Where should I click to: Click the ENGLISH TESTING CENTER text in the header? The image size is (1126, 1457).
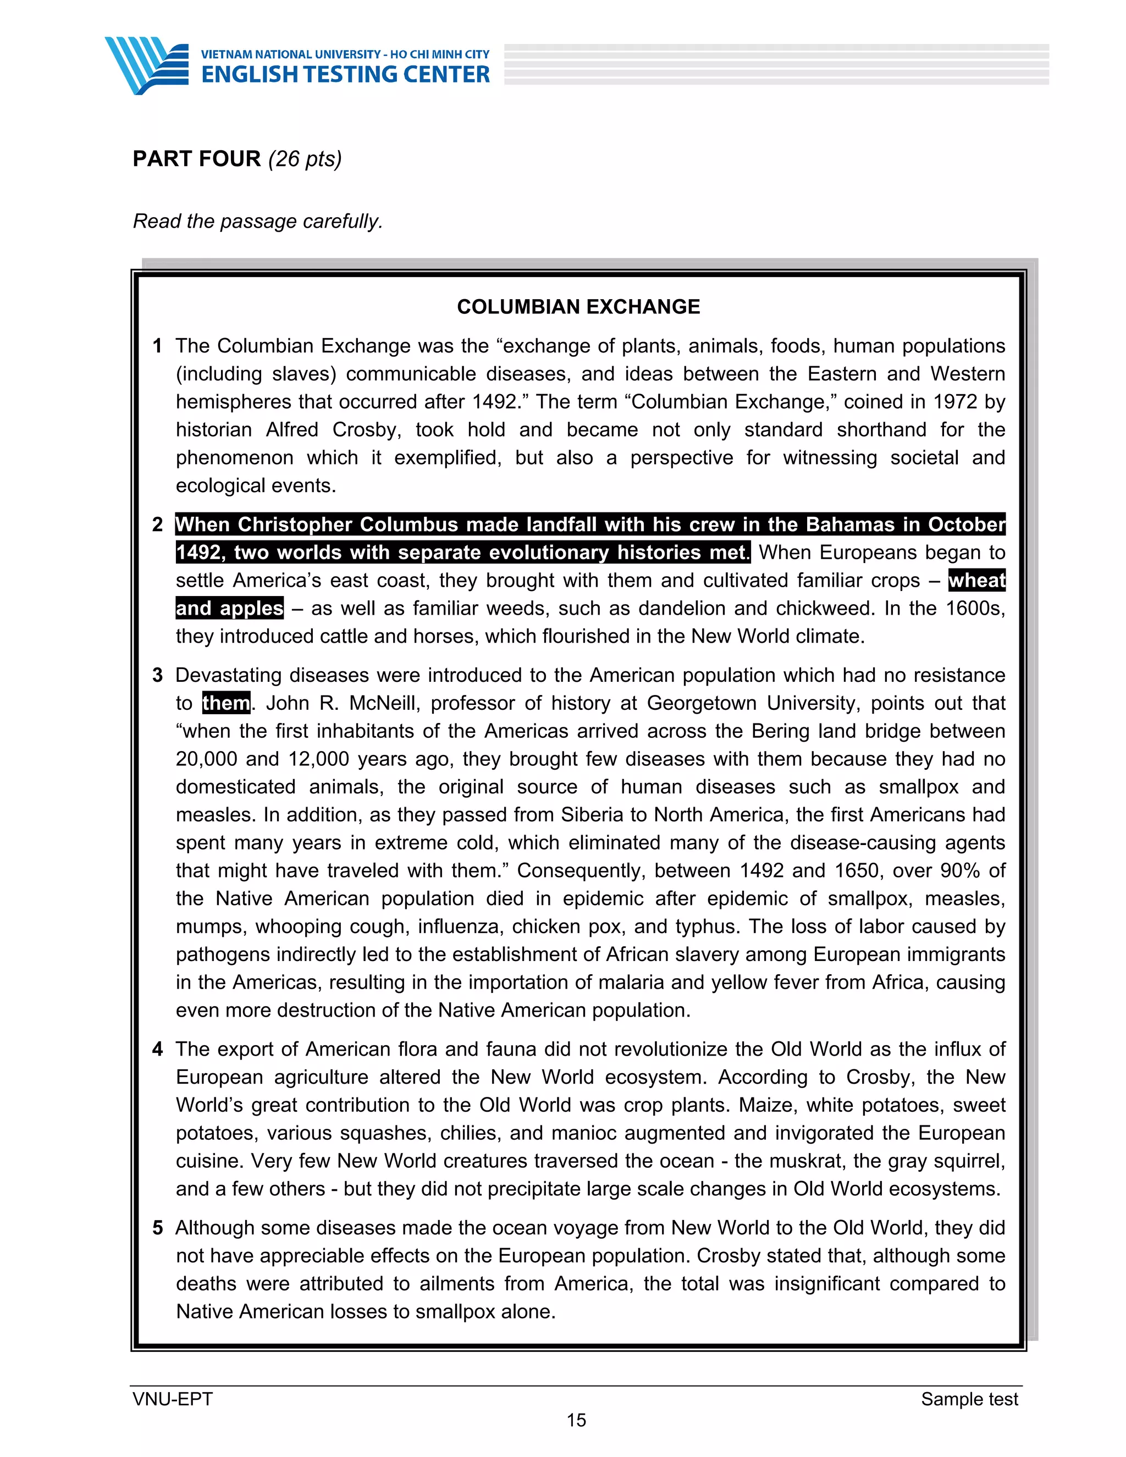tap(345, 75)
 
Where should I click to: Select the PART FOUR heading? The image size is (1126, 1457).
tap(197, 159)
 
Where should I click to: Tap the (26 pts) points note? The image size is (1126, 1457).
tap(305, 159)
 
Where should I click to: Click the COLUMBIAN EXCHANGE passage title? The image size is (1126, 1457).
tap(578, 306)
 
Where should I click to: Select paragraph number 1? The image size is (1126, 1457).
tap(157, 346)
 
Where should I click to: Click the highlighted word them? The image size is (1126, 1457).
tap(226, 703)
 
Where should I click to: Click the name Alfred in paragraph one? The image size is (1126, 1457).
tap(291, 429)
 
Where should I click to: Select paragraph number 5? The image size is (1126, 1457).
tap(157, 1228)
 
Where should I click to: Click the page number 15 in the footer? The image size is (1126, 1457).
tap(576, 1420)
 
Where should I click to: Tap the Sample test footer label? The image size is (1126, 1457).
tap(969, 1399)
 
